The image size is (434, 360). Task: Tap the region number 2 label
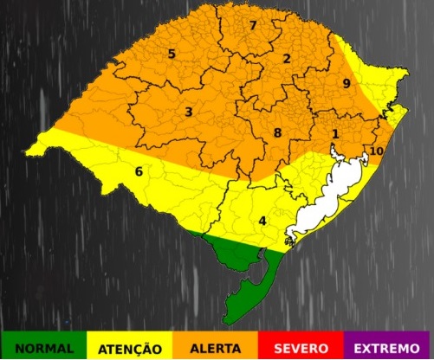pyautogui.click(x=286, y=58)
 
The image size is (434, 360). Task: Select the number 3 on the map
pyautogui.click(x=188, y=112)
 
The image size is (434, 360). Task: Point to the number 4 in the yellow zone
pyautogui.click(x=262, y=220)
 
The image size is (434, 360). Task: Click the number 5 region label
pyautogui.click(x=172, y=54)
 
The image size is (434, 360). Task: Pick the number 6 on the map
pyautogui.click(x=138, y=170)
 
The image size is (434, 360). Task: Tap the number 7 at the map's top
pyautogui.click(x=252, y=25)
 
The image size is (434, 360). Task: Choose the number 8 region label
pyautogui.click(x=277, y=132)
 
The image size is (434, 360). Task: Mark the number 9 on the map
pyautogui.click(x=346, y=83)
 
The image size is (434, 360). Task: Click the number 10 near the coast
pyautogui.click(x=376, y=151)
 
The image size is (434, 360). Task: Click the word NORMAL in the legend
pyautogui.click(x=45, y=348)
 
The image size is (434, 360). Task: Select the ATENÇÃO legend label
pyautogui.click(x=131, y=348)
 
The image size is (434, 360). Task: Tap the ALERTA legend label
pyautogui.click(x=217, y=348)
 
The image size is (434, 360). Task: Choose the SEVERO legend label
pyautogui.click(x=301, y=348)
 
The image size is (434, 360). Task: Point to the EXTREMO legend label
pyautogui.click(x=388, y=348)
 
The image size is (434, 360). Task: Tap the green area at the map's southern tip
pyautogui.click(x=243, y=277)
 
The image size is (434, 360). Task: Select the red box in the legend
pyautogui.click(x=301, y=345)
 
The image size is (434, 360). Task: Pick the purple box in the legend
pyautogui.click(x=388, y=345)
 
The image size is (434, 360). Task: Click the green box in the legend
pyautogui.click(x=45, y=345)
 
